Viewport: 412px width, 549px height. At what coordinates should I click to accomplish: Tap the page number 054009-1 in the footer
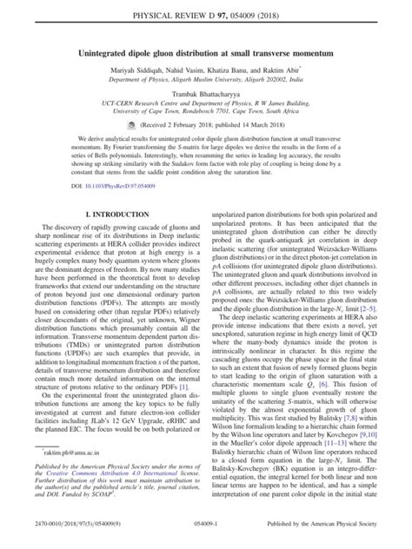point(206,540)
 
